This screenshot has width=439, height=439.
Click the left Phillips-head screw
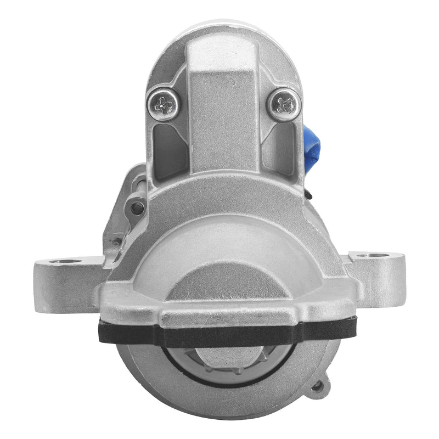pos(164,104)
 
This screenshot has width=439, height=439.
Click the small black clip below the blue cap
pos(309,193)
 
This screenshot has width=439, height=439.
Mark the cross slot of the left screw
pos(164,103)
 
